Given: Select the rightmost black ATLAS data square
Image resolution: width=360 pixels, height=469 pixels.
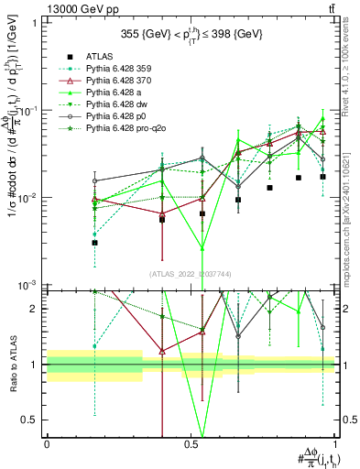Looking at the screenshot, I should click(322, 177).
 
